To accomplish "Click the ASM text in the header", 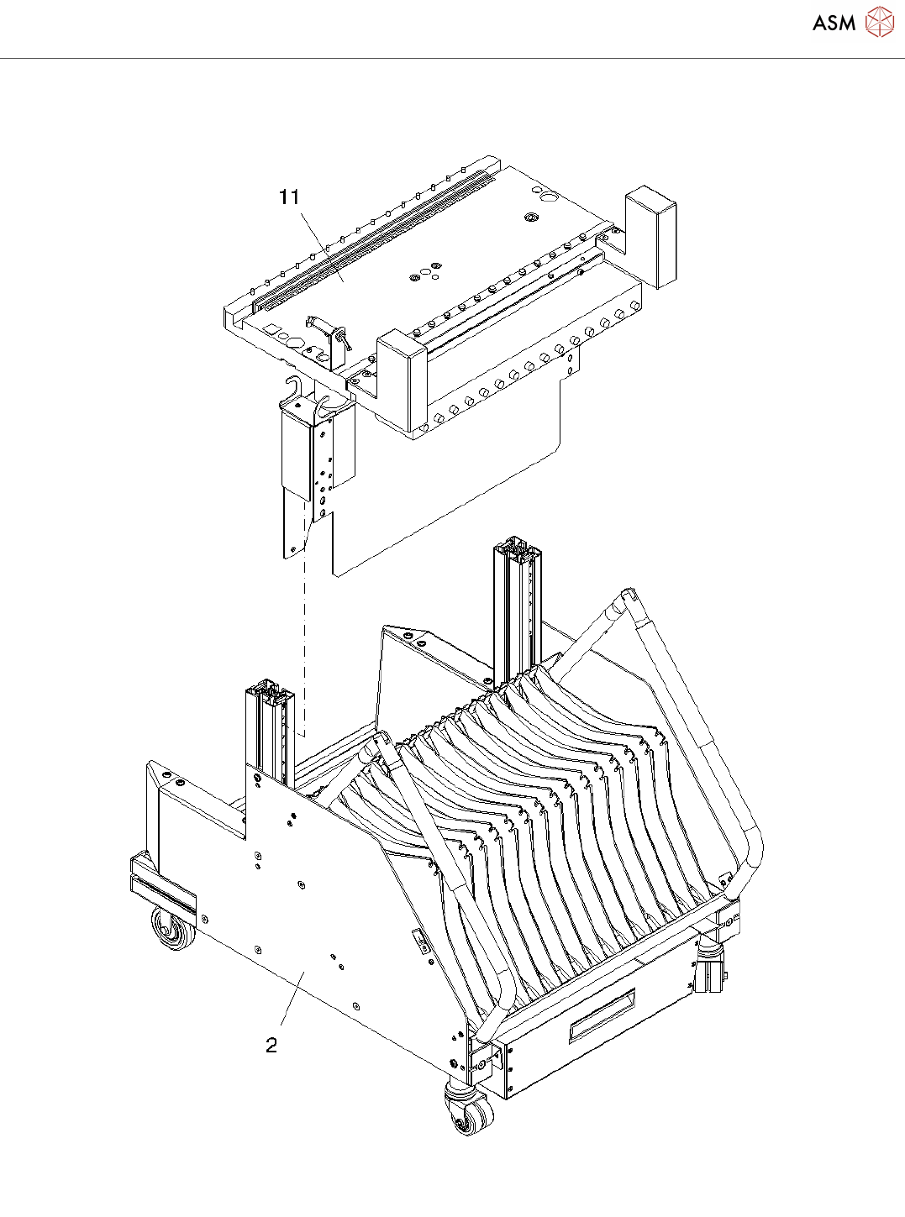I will [x=834, y=24].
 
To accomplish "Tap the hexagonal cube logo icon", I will [x=879, y=22].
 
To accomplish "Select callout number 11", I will [x=289, y=197].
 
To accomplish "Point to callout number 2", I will [x=271, y=1046].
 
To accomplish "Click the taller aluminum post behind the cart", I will [x=518, y=605].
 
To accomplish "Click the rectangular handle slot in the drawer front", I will [x=602, y=1015].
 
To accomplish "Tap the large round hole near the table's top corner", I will [x=548, y=198].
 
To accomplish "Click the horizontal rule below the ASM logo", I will [x=452, y=59].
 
